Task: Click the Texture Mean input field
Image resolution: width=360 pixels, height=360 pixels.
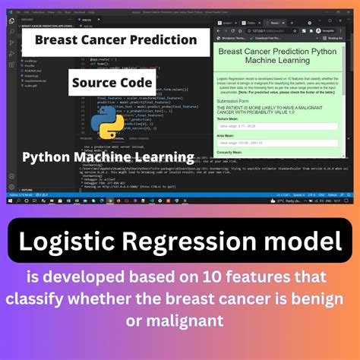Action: pos(279,127)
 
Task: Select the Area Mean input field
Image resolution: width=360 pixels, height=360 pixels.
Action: pos(279,144)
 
